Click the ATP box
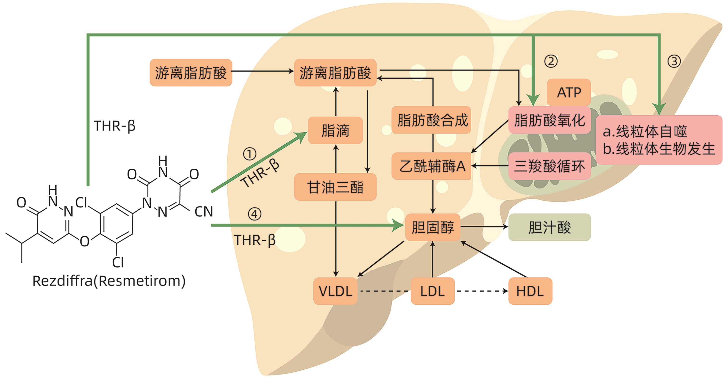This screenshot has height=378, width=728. click(x=569, y=92)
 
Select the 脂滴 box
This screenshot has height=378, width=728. click(x=335, y=130)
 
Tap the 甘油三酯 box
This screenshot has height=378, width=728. click(x=335, y=187)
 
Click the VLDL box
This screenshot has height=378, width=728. click(x=335, y=291)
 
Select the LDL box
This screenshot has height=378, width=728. click(x=432, y=291)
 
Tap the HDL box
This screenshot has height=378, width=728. click(x=530, y=291)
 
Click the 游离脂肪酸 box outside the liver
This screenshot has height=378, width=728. click(x=191, y=72)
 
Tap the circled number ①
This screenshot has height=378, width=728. click(x=250, y=154)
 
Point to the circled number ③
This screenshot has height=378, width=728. click(x=674, y=61)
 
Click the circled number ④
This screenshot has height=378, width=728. click(x=254, y=214)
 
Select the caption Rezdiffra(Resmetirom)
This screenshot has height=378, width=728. click(x=109, y=281)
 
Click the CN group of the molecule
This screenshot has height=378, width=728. click(x=203, y=211)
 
